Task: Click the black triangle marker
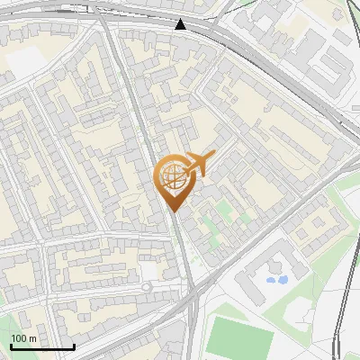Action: tap(181, 24)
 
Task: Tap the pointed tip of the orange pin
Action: tap(173, 212)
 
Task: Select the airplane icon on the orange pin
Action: tap(199, 163)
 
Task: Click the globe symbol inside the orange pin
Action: tap(173, 177)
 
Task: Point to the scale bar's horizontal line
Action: tap(42, 347)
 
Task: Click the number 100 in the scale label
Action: tap(19, 339)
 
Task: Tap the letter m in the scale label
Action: tap(32, 339)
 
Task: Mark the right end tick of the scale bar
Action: tap(74, 346)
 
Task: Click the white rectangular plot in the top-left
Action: tap(24, 60)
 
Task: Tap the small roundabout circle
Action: tap(147, 287)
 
